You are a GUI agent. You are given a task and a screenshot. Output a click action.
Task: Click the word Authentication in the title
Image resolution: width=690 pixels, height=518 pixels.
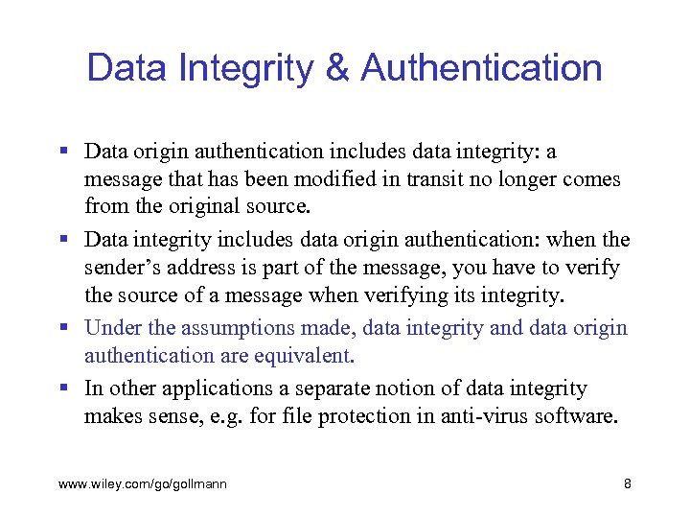[x=481, y=68]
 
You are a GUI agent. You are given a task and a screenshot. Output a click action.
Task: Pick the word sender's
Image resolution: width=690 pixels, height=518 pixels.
[x=124, y=268]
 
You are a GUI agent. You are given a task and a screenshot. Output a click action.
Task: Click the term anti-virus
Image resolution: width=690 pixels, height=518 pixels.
[x=481, y=416]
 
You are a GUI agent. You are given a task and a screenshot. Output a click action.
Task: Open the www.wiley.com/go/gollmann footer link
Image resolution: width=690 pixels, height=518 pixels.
[x=143, y=484]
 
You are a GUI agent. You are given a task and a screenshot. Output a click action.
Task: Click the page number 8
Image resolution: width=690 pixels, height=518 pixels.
[x=627, y=484]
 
